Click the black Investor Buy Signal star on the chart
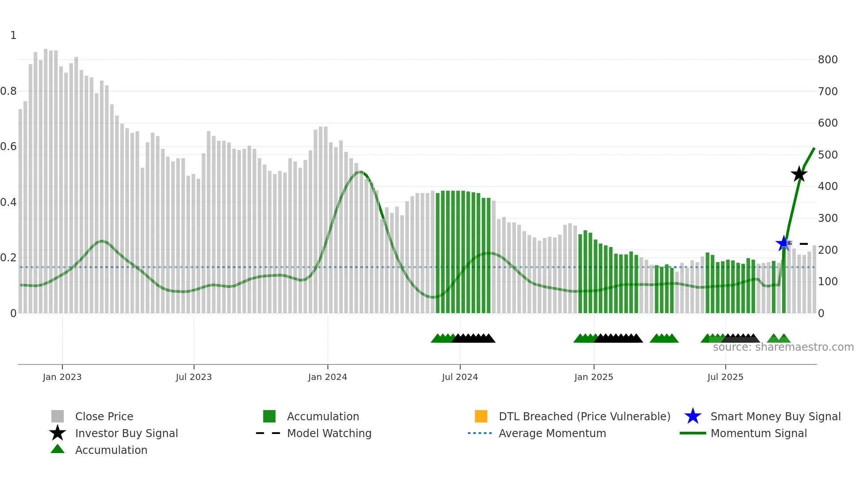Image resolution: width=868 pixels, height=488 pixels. pyautogui.click(x=799, y=174)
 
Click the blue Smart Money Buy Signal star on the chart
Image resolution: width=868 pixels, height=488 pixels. pyautogui.click(x=783, y=243)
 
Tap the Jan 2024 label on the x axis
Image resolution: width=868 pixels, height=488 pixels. pyautogui.click(x=327, y=377)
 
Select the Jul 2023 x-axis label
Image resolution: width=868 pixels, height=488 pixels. pyautogui.click(x=194, y=377)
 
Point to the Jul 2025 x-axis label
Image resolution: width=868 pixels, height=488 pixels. pyautogui.click(x=725, y=377)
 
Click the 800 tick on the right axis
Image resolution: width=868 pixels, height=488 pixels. pyautogui.click(x=827, y=60)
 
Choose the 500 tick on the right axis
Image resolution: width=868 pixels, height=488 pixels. pyautogui.click(x=827, y=155)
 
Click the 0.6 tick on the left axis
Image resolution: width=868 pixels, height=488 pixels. pyautogui.click(x=8, y=147)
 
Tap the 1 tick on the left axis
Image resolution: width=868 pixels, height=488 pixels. pyautogui.click(x=13, y=35)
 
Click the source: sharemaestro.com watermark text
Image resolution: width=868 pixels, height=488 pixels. pyautogui.click(x=783, y=347)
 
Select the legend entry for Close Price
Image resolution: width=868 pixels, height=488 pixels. pyautogui.click(x=104, y=416)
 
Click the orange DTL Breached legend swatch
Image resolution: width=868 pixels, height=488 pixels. pyautogui.click(x=480, y=416)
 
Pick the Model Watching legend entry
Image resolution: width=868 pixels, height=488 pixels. pyautogui.click(x=329, y=433)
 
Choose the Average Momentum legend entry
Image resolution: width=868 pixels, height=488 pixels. pyautogui.click(x=552, y=433)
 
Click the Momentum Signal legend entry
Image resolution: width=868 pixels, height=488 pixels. pyautogui.click(x=758, y=433)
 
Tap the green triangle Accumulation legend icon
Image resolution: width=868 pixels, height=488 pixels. pyautogui.click(x=58, y=449)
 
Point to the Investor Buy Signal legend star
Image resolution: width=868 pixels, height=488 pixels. pyautogui.click(x=58, y=433)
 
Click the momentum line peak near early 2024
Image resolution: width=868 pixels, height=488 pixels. pyautogui.click(x=360, y=172)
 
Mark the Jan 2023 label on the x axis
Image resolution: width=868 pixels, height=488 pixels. pyautogui.click(x=62, y=377)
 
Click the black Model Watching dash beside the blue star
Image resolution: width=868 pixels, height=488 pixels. pyautogui.click(x=803, y=244)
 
